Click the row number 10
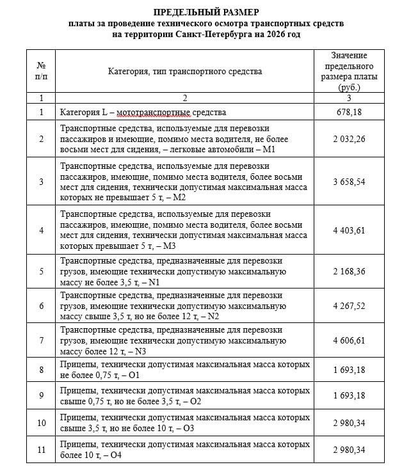coord(42,423)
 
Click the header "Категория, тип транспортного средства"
coord(185,71)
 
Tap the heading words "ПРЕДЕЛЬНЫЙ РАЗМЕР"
coord(205,12)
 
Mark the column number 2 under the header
coord(185,98)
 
